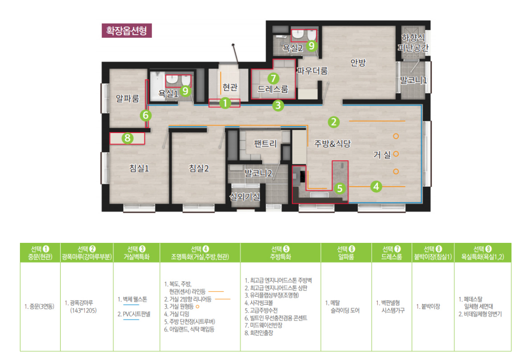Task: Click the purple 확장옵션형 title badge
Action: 126,31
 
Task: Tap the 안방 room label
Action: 358,63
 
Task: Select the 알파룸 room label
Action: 128,98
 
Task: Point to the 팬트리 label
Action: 265,144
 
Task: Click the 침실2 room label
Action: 199,168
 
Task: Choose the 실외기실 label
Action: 245,197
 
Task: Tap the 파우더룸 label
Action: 312,71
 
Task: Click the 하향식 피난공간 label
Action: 413,43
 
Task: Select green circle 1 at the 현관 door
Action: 225,103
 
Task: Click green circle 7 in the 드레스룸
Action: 273,79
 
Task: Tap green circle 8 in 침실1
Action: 128,138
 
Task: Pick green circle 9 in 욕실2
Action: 312,46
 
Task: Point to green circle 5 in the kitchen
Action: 340,188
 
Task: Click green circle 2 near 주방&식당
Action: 333,122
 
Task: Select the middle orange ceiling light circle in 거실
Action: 396,154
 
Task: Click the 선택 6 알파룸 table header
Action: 346,253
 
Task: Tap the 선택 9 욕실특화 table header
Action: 483,253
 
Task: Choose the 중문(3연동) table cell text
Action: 39,306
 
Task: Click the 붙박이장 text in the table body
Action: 428,306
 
